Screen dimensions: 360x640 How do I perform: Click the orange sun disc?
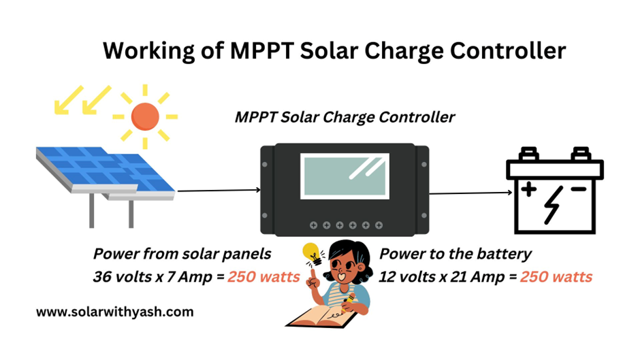pos(144,116)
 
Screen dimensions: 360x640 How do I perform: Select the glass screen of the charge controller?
pos(345,176)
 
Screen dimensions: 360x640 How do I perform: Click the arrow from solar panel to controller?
pos(218,191)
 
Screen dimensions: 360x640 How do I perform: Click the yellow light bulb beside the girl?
pos(313,255)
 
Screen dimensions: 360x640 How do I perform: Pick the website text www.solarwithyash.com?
pos(114,312)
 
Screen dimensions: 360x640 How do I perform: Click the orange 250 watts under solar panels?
pos(264,277)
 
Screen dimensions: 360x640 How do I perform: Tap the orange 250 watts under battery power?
pos(556,277)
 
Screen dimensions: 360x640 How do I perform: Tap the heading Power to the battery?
pos(455,254)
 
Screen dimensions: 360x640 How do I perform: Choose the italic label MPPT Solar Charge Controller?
pos(345,116)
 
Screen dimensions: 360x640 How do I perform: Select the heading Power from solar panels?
pos(182,254)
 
